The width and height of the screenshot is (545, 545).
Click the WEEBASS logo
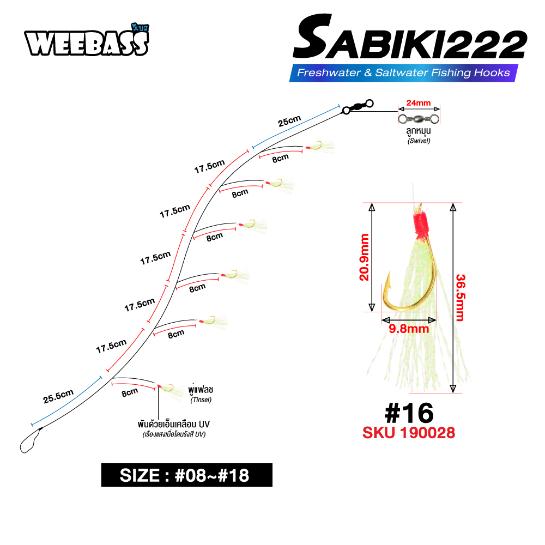point(87,41)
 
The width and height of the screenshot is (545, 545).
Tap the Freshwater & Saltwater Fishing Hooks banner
point(403,72)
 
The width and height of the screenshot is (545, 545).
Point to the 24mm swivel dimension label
point(419,103)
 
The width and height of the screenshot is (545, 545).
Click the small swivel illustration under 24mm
point(419,119)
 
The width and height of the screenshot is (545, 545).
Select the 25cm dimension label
point(289,121)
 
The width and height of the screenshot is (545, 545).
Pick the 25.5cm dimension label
point(58,396)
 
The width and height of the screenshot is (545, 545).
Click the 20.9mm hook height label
point(364,257)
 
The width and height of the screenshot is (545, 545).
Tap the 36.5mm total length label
point(460,298)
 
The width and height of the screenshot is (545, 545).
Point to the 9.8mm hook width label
point(409,329)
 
